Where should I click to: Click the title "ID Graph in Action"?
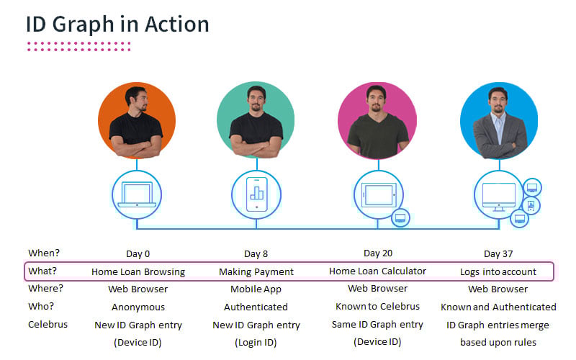coord(117,24)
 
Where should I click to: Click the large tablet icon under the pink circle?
coord(377,194)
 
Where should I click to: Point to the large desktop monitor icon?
coord(498,194)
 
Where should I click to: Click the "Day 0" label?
coord(138,253)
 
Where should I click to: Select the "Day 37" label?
coord(498,253)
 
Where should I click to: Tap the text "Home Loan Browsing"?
coord(138,272)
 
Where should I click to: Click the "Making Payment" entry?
coord(256,272)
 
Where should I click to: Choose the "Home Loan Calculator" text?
coord(377,271)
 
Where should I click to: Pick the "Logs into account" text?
coord(498,272)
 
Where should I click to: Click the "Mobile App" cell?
coord(256,289)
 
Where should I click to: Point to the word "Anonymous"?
coord(138,307)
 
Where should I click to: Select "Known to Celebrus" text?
coord(378,307)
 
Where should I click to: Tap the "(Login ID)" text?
coord(256,342)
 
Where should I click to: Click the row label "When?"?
coord(45,253)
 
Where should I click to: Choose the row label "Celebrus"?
coord(48,325)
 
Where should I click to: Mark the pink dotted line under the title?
coord(79,47)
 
